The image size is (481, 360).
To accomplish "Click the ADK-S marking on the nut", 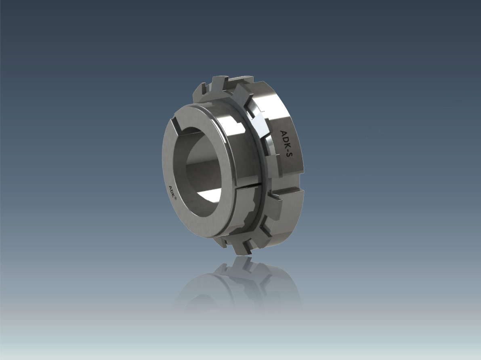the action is [286, 143].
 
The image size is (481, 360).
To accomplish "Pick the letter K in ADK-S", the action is [286, 144].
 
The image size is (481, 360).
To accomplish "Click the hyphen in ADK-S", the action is [288, 149].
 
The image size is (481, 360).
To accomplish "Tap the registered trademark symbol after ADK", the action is [175, 199].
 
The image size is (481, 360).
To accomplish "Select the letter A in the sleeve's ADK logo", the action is [170, 187].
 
